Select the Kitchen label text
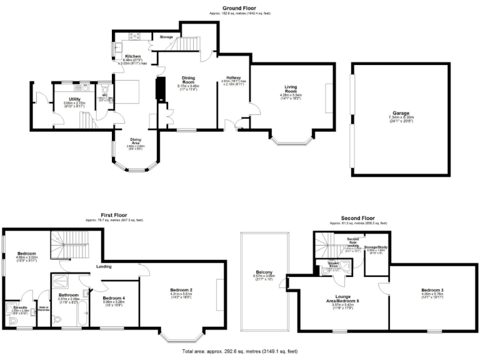[x=132, y=56]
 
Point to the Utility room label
[x=74, y=99]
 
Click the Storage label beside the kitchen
[x=166, y=37]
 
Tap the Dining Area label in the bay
[x=137, y=139]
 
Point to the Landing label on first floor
[x=104, y=267]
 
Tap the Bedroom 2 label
[x=181, y=289]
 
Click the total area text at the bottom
[x=240, y=352]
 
